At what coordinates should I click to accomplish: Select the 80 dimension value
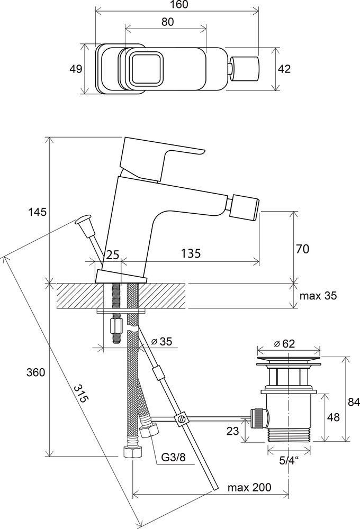pyautogui.click(x=167, y=23)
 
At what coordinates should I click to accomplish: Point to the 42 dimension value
pyautogui.click(x=284, y=69)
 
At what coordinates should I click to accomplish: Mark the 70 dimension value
pyautogui.click(x=302, y=249)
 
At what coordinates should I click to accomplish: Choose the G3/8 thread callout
pyautogui.click(x=174, y=456)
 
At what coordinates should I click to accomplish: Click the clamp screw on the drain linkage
pyautogui.click(x=181, y=419)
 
